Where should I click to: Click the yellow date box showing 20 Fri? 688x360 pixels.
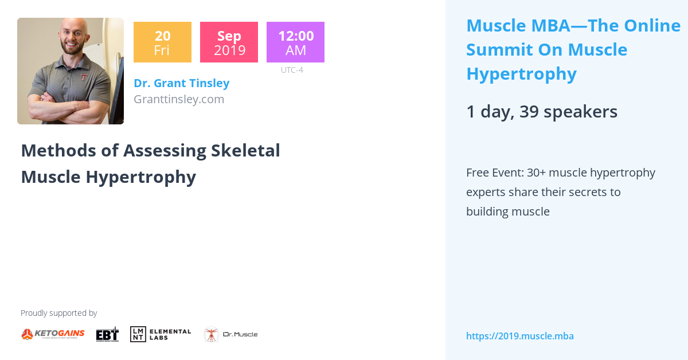[x=162, y=42]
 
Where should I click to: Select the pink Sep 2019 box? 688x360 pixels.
[x=229, y=42]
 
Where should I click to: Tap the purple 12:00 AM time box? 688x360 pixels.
[x=295, y=42]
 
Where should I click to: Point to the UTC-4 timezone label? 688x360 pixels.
[x=292, y=70]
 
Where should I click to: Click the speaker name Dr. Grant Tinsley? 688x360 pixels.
[x=181, y=83]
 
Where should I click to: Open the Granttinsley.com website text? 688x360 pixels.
[x=178, y=99]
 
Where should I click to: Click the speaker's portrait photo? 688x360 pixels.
[x=71, y=71]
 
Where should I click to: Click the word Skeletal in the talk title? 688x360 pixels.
[x=245, y=150]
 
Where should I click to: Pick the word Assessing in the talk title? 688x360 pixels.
[x=165, y=150]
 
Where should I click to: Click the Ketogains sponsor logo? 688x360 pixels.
[x=53, y=334]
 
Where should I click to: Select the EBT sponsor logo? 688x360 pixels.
[x=107, y=334]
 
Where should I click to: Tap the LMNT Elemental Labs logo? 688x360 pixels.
[x=161, y=334]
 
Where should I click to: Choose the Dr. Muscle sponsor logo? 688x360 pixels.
[x=230, y=334]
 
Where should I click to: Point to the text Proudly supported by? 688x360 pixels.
[x=58, y=313]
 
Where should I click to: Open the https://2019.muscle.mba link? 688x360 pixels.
[x=519, y=336]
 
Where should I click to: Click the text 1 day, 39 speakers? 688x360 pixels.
[x=542, y=111]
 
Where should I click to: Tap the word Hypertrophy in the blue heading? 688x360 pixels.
[x=521, y=74]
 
